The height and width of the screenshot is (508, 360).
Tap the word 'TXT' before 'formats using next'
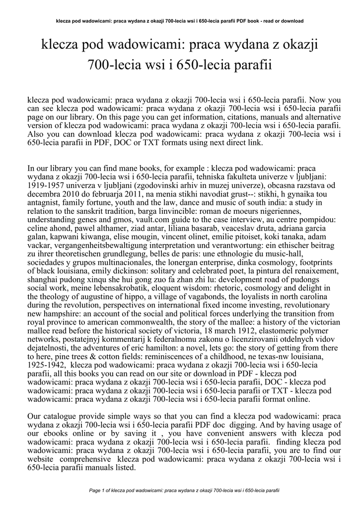click(x=179, y=143)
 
